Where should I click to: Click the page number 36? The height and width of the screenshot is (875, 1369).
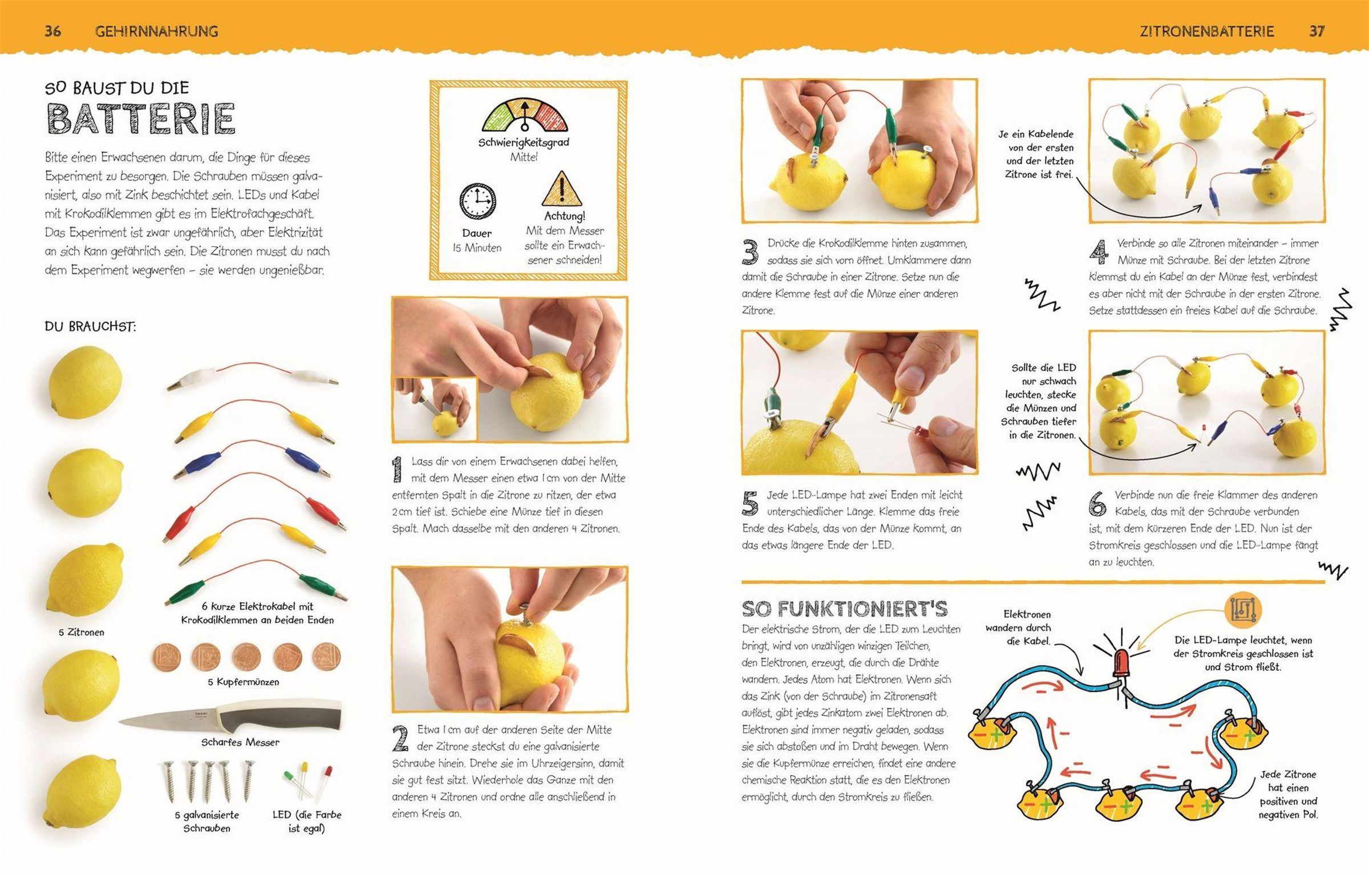click(52, 31)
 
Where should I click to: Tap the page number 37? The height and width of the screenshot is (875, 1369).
click(1317, 31)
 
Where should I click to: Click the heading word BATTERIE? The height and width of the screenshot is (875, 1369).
click(140, 119)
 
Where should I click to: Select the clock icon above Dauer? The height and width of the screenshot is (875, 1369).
click(477, 201)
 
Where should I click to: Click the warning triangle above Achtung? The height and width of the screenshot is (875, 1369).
click(562, 189)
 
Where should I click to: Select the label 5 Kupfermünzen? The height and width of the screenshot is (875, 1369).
click(244, 682)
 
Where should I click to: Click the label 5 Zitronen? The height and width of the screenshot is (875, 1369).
click(82, 632)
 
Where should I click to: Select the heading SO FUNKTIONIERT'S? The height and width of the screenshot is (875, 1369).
click(845, 609)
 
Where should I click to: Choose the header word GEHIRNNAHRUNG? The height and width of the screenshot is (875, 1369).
click(156, 31)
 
